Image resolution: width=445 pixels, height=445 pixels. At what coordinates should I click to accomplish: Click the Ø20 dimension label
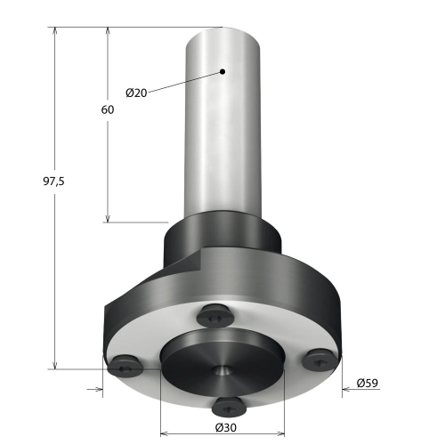136,93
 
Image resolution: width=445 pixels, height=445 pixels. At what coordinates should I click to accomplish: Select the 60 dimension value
108,109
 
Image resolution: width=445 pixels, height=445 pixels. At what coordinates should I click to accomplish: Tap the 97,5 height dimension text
53,181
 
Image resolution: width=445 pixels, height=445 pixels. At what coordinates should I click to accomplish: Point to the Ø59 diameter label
368,383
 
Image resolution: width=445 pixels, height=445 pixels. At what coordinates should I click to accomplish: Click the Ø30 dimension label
226,427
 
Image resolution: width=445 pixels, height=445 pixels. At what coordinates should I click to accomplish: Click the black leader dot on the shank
222,71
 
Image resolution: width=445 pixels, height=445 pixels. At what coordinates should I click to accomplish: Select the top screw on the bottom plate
215,316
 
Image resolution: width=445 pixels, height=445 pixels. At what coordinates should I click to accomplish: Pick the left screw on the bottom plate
125,367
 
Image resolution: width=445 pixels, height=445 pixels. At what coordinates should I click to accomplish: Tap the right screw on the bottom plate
320,360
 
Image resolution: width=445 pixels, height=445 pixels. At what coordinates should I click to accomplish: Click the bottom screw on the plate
230,407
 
